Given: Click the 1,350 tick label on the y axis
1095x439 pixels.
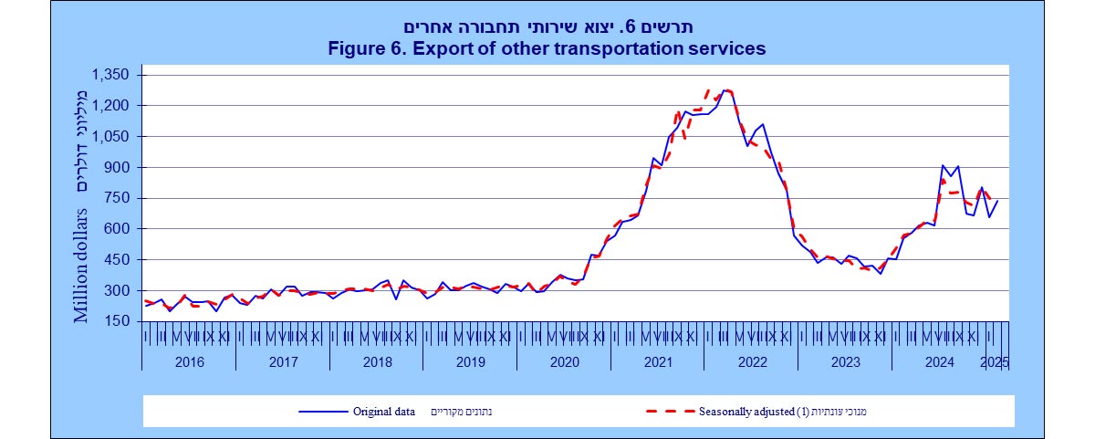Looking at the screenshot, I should pos(111,75).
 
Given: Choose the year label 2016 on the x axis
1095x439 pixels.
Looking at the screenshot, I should pos(188,362).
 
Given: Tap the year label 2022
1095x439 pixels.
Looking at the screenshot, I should pos(751,362).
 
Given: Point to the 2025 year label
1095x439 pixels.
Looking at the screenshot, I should pos(994,362).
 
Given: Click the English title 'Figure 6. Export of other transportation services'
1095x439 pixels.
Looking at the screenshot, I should pos(547,48).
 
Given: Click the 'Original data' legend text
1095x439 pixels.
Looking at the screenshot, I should pos(384,412).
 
